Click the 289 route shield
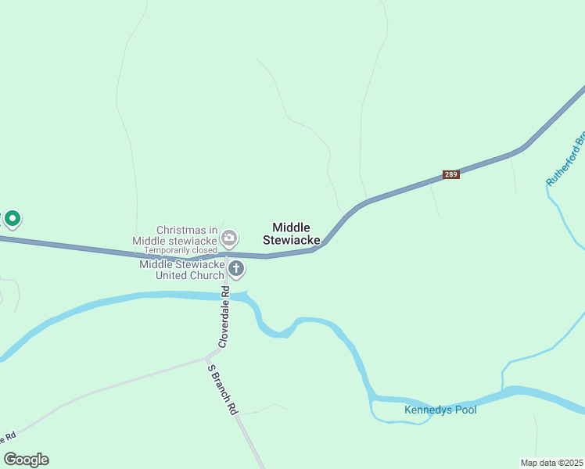pos(450,174)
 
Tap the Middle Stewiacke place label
pos(291,234)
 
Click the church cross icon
pos(236,270)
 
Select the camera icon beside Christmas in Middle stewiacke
pos(229,237)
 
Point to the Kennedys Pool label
pos(440,410)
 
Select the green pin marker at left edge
pos(13,219)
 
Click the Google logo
pos(26,460)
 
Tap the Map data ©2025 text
pos(551,462)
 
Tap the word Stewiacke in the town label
pos(291,240)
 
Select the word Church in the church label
pos(206,275)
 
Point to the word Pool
pos(465,410)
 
